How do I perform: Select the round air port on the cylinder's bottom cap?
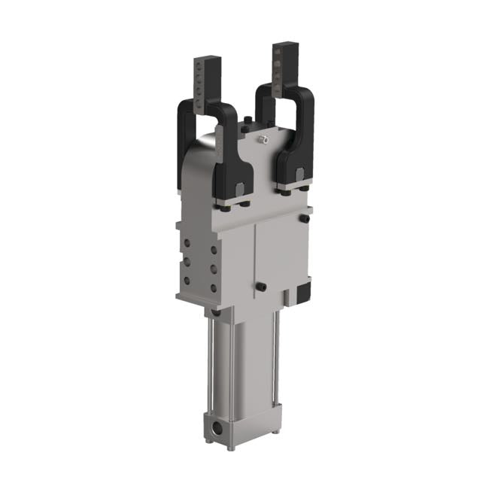pos(217,430)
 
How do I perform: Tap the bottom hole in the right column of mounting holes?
pos(214,287)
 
